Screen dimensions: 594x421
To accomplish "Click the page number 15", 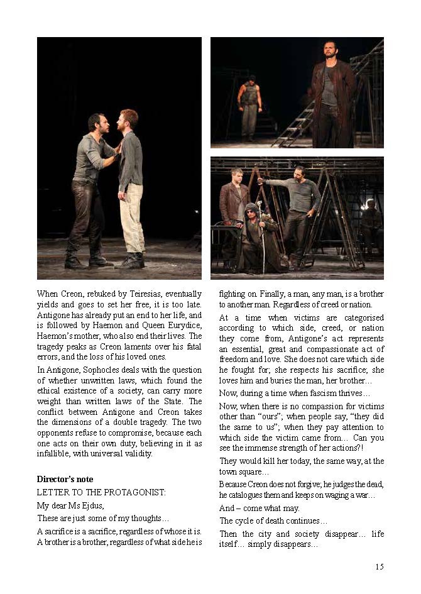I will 380,567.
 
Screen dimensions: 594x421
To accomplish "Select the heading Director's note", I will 65,480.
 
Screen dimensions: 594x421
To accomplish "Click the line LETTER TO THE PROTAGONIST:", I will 101,492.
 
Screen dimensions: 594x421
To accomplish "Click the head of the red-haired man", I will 129,118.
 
